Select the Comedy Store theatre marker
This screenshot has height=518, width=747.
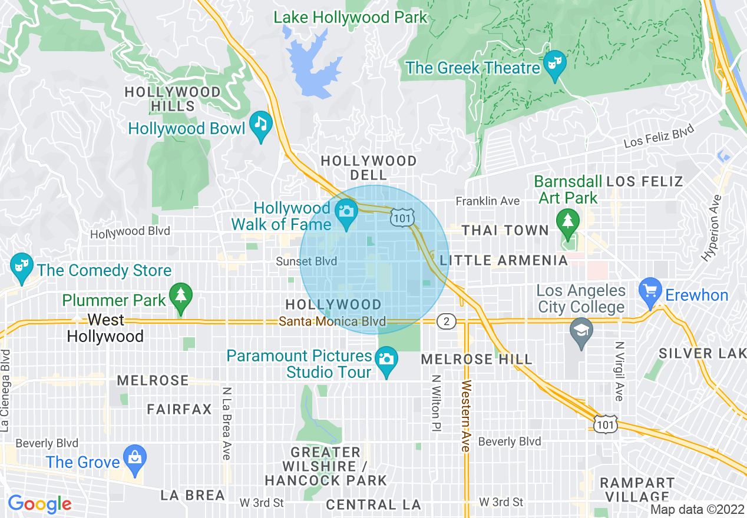[x=22, y=267]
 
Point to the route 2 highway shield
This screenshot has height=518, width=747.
[x=447, y=321]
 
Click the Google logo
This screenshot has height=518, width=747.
[x=39, y=504]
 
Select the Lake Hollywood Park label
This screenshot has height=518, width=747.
[x=351, y=18]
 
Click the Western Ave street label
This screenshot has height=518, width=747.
[x=466, y=416]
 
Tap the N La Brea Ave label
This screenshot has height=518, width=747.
[x=226, y=423]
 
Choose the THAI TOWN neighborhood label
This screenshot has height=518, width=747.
[x=505, y=230]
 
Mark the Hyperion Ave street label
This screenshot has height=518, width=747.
[x=712, y=228]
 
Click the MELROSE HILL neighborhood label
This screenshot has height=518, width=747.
[x=477, y=358]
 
